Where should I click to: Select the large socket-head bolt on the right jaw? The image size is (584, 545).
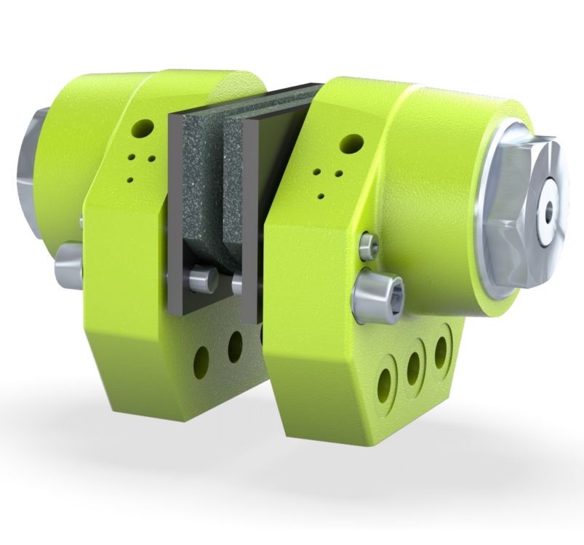[x=377, y=297]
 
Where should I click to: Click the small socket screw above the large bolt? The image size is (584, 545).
[x=369, y=245]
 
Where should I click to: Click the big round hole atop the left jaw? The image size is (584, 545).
[x=145, y=127]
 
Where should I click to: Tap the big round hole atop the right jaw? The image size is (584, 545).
[x=351, y=143]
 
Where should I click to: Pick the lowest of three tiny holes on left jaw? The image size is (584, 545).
[x=130, y=179]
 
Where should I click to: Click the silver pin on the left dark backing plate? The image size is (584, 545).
[x=199, y=279]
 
